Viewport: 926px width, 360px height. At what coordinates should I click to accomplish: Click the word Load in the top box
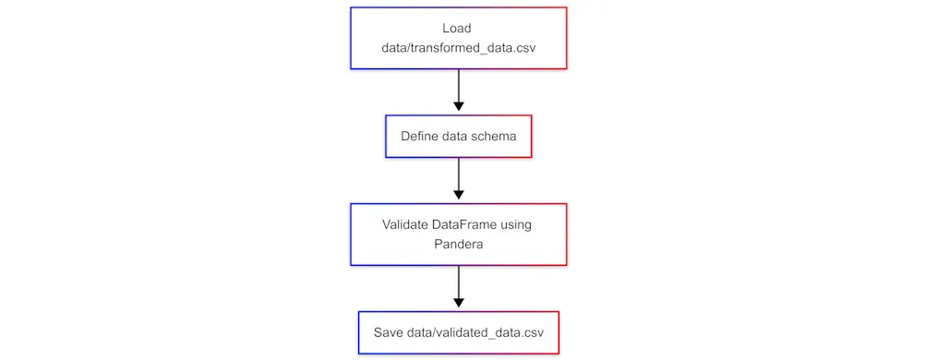point(457,28)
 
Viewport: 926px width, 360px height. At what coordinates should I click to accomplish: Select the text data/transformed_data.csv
point(458,48)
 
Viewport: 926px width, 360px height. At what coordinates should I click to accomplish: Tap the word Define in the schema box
point(419,137)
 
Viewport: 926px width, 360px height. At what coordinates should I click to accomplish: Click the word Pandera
point(458,245)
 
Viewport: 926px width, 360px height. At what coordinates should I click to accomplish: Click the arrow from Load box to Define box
point(458,88)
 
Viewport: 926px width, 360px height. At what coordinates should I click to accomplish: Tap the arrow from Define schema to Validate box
point(458,175)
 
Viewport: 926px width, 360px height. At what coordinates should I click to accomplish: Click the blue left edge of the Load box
point(351,38)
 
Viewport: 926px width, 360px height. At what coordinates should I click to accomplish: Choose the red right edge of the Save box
point(559,332)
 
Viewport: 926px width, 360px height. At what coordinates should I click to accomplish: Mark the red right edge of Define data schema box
point(532,137)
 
